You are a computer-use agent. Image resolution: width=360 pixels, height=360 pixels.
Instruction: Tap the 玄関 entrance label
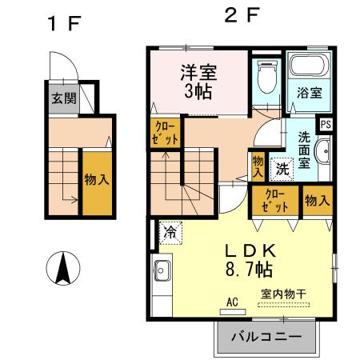click(x=65, y=100)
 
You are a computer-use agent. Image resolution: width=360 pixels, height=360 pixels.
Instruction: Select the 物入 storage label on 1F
click(x=97, y=180)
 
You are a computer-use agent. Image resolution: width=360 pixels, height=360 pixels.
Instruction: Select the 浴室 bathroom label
click(x=310, y=92)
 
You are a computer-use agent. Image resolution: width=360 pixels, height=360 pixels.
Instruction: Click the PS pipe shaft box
click(x=326, y=124)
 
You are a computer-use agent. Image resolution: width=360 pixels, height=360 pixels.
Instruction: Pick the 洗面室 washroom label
click(x=306, y=149)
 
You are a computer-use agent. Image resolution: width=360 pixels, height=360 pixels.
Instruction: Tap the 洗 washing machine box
click(x=282, y=169)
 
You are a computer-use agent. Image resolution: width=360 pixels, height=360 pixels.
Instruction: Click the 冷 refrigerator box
click(x=170, y=233)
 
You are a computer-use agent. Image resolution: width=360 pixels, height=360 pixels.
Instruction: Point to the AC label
click(x=233, y=302)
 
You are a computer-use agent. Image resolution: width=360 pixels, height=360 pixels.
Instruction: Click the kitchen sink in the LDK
click(x=159, y=270)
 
